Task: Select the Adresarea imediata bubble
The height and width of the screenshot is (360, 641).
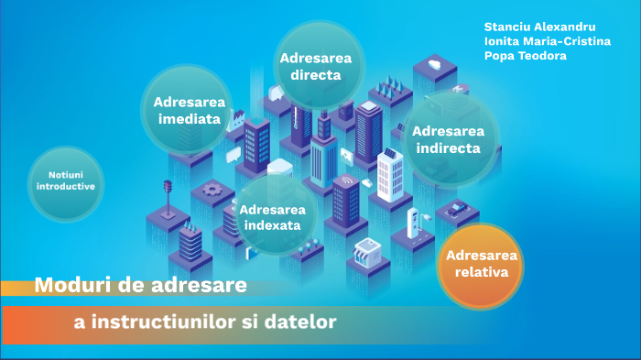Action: point(187,110)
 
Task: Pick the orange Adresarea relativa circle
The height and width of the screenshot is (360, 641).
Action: point(482,263)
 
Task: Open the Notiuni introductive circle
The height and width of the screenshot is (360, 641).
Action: point(65,180)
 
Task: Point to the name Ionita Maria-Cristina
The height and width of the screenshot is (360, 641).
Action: point(548,41)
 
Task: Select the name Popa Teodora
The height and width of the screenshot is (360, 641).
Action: point(526,56)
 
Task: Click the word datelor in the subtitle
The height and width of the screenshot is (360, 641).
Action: point(305,322)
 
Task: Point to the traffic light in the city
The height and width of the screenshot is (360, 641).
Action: point(168,191)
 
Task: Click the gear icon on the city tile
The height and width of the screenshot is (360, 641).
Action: point(212,190)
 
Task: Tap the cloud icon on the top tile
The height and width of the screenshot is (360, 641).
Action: point(432,66)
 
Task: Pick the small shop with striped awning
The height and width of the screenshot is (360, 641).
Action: point(367,247)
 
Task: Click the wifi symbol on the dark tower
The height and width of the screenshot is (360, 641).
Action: point(345,181)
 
